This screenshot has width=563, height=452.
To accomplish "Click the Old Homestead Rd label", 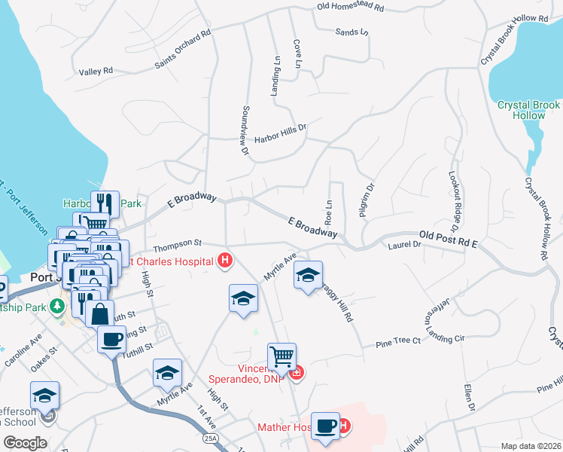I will point(351,7).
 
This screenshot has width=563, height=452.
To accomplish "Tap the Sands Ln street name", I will point(352,32).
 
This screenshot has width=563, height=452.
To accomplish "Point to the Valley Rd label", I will point(96,72).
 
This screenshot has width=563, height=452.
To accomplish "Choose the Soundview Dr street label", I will point(244,130).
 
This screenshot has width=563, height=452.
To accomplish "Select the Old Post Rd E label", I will point(449,239).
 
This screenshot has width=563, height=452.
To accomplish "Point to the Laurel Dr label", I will point(404,245).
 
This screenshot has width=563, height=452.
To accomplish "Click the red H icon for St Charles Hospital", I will point(224,261).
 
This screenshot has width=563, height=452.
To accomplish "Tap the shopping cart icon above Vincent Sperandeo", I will point(281,355).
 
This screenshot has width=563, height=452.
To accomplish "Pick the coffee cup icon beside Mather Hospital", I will point(325,425).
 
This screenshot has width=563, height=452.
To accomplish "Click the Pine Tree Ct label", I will point(397,343).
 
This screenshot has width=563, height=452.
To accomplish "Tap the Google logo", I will point(25,442).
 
